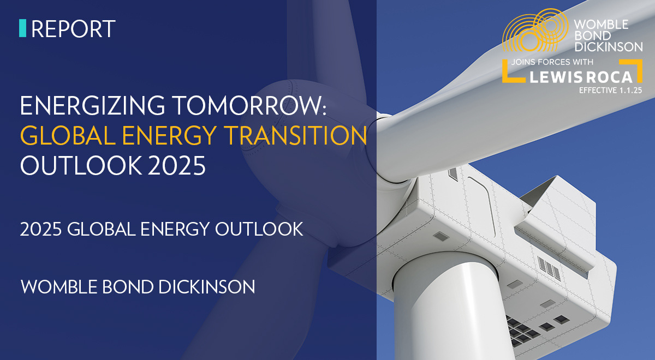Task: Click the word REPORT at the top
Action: coord(73,28)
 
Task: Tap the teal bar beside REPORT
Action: coord(22,28)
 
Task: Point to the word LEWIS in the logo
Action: coord(555,76)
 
